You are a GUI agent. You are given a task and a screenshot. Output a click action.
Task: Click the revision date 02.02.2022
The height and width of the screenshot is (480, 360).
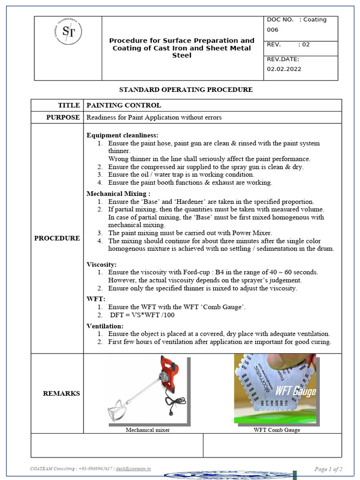tap(284, 69)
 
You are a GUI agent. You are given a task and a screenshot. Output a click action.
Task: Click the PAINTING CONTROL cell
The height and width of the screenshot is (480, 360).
tap(124, 105)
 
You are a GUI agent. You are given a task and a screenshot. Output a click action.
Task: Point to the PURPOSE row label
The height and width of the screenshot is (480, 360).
tap(63, 117)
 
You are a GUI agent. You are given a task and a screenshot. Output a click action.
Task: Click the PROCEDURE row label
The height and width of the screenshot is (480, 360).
tap(57, 238)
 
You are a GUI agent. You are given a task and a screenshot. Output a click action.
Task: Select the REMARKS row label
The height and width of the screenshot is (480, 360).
tap(61, 393)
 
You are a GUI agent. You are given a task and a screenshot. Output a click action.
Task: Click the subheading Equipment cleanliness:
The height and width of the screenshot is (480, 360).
tap(122, 135)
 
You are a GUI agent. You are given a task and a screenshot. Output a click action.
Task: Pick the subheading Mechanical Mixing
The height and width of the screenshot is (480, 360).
tap(119, 194)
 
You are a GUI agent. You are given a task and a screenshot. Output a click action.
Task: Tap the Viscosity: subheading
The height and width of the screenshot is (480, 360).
tap(102, 264)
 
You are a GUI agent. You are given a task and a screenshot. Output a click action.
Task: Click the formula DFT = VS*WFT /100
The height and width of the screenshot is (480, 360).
tap(142, 315)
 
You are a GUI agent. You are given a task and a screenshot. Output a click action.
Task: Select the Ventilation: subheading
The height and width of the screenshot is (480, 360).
tap(105, 326)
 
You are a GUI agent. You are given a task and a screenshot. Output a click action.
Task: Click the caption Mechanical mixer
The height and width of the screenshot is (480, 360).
tap(147, 430)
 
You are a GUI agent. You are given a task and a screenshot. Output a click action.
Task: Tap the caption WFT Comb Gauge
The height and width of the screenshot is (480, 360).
tap(277, 430)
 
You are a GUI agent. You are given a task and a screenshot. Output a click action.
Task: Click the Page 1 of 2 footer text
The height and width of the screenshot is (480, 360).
tap(328, 469)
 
